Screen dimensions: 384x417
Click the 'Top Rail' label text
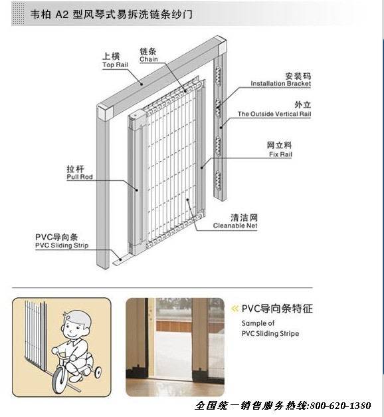[115, 65]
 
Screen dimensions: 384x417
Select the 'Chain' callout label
[149, 59]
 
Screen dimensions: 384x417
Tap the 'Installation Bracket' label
[280, 84]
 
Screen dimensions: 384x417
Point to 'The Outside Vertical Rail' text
[274, 114]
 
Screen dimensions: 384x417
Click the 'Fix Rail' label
[280, 154]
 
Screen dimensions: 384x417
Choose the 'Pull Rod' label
[80, 177]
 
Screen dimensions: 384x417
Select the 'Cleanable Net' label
[235, 225]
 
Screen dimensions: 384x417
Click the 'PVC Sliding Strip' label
[62, 245]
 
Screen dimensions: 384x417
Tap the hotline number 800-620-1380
[340, 406]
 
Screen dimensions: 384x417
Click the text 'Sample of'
[258, 323]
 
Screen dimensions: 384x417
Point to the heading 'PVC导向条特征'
[277, 309]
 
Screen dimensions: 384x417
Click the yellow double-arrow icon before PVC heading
[235, 309]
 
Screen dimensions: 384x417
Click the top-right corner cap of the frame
[223, 48]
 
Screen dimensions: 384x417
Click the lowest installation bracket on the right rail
[218, 180]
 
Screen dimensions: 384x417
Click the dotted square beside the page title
[18, 14]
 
